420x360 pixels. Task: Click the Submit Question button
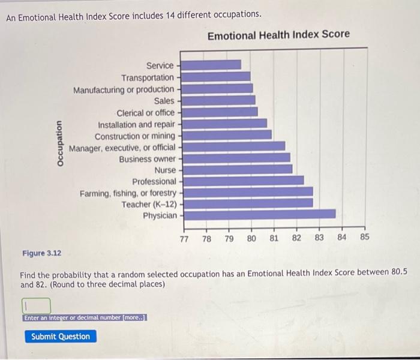click(61, 337)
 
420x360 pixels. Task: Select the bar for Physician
click(258, 214)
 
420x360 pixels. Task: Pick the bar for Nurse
click(236, 169)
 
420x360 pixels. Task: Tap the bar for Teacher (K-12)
click(247, 203)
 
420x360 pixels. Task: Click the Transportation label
click(148, 77)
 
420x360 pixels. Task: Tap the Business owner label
click(148, 159)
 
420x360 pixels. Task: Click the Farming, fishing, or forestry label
click(128, 193)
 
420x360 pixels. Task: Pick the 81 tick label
click(274, 238)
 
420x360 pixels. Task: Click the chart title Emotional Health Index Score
click(278, 35)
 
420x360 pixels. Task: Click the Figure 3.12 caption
click(41, 253)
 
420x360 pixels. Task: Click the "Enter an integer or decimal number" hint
click(85, 318)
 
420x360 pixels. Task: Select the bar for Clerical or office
click(219, 112)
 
